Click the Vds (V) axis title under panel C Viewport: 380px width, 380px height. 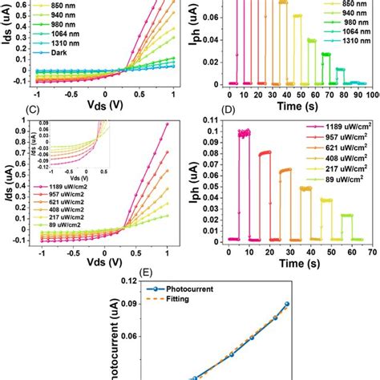click(103, 263)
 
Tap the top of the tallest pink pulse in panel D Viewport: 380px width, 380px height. click(239, 133)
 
